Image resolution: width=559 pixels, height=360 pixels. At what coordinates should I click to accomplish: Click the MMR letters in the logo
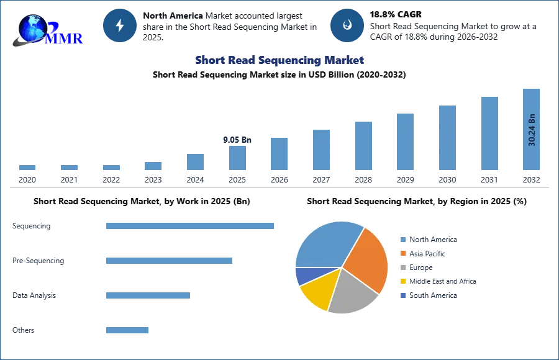pyautogui.click(x=63, y=38)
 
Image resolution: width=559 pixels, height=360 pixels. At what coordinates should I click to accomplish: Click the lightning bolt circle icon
pyautogui.click(x=120, y=25)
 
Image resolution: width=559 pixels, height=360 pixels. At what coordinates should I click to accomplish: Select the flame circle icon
pyautogui.click(x=347, y=25)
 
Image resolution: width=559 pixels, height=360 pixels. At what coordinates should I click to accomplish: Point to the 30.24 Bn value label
pyautogui.click(x=532, y=130)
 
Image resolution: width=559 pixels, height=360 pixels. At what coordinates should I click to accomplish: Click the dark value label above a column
pyautogui.click(x=236, y=139)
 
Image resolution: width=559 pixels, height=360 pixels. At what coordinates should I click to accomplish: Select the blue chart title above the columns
pyautogui.click(x=279, y=60)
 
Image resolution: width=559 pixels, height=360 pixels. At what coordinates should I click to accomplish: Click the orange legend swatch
pyautogui.click(x=402, y=253)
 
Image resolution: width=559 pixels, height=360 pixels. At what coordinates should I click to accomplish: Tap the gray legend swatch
pyautogui.click(x=402, y=268)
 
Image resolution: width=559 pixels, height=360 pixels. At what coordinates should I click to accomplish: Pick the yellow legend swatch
pyautogui.click(x=402, y=282)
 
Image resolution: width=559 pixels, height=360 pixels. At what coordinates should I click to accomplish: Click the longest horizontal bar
pyautogui.click(x=191, y=227)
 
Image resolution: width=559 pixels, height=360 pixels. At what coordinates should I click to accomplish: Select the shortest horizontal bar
pyautogui.click(x=127, y=330)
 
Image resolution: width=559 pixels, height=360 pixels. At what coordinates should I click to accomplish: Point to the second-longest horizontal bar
pyautogui.click(x=168, y=261)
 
